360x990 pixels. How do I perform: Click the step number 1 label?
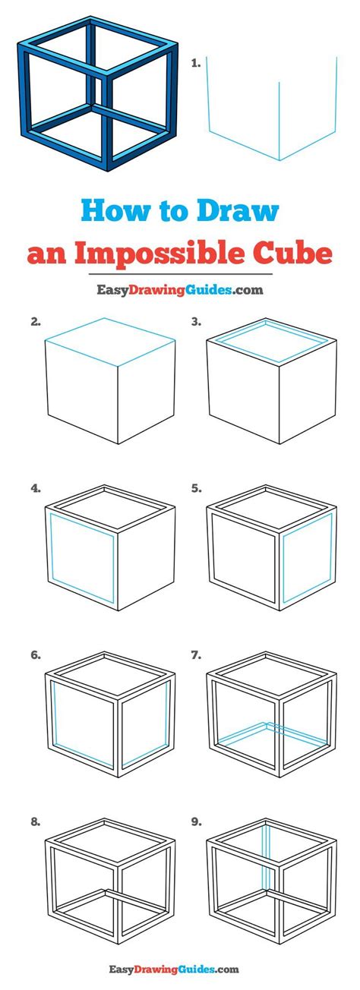[195, 63]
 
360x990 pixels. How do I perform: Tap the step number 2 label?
[36, 322]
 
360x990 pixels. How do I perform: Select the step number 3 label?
[196, 322]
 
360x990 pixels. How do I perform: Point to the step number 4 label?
[36, 488]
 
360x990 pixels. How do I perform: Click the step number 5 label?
[196, 488]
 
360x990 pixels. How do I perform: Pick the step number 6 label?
[36, 655]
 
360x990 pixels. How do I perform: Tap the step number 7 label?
[196, 655]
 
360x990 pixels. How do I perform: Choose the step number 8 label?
[36, 822]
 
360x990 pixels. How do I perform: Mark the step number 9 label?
[196, 822]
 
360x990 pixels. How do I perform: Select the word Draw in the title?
[238, 211]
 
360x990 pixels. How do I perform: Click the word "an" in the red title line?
[47, 255]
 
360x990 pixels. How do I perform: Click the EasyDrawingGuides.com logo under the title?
[180, 290]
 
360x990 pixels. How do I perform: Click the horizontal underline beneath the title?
[181, 274]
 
